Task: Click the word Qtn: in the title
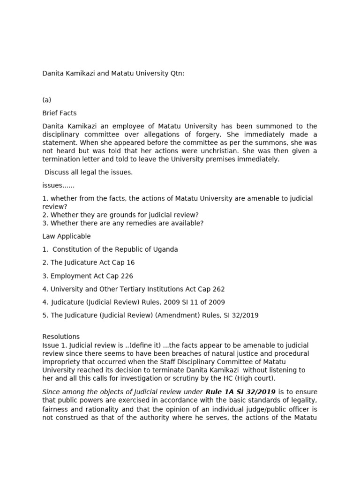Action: pos(177,74)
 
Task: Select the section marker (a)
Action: pos(47,100)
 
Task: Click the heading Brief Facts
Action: pos(60,113)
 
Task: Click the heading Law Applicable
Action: pos(67,236)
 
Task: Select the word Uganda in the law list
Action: pos(165,249)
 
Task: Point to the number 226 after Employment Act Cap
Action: pos(127,276)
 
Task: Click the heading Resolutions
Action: pos(61,337)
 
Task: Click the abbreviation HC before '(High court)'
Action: pos(225,378)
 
